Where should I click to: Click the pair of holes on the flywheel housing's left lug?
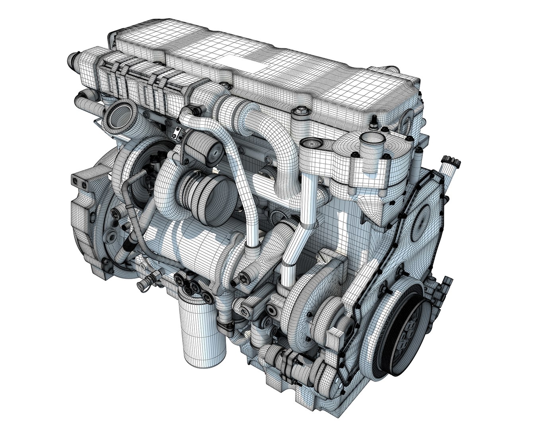78,181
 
